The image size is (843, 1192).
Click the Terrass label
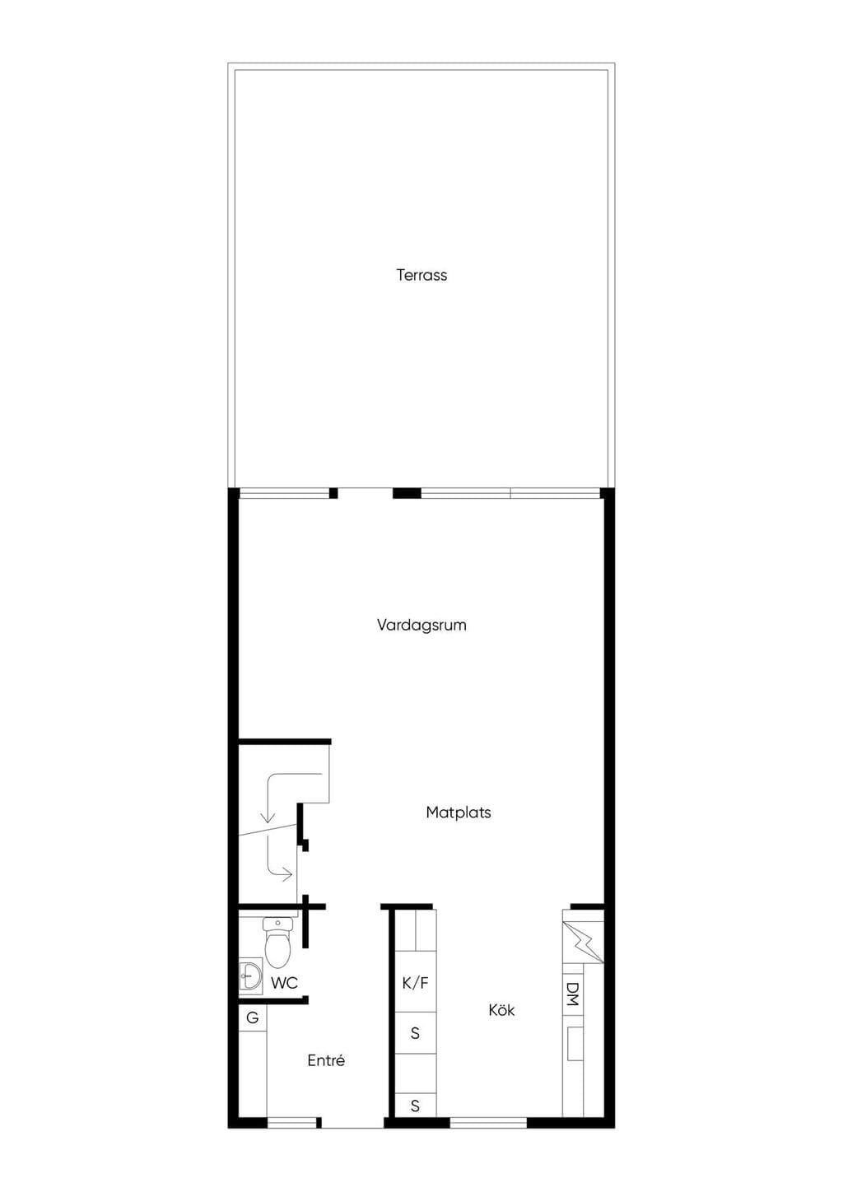point(421,275)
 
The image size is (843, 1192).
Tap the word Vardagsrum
point(421,625)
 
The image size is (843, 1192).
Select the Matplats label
point(459,813)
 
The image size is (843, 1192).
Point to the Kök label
point(501,1010)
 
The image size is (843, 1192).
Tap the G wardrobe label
point(252,1018)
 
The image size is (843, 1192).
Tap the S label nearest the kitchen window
point(415,1106)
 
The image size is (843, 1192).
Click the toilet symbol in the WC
point(277,943)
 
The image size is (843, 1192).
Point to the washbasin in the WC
point(250,976)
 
